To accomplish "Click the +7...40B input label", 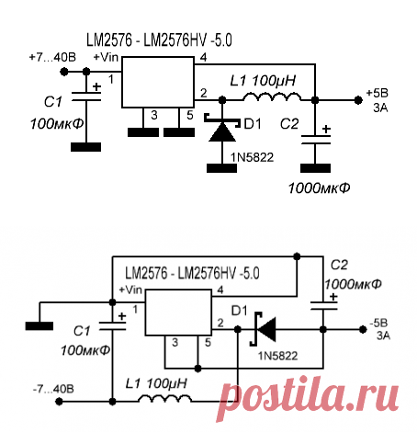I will [54, 56].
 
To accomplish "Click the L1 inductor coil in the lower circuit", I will [166, 400].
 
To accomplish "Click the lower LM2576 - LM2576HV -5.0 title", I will [192, 273].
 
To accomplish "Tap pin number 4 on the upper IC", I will [202, 58].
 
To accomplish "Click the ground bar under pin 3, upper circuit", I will [141, 131].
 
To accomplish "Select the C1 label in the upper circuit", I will [52, 102].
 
